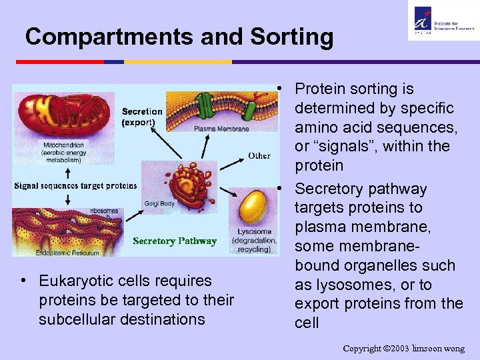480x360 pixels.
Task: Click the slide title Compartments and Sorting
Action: [x=179, y=37]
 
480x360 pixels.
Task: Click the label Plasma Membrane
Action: [x=222, y=129]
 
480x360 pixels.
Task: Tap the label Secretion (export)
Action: [x=141, y=117]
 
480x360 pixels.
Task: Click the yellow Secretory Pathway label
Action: [x=174, y=241]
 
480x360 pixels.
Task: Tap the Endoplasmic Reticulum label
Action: [x=56, y=253]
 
